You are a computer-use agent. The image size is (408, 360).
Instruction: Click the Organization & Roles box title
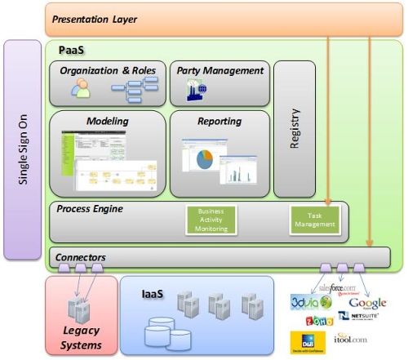[108, 70]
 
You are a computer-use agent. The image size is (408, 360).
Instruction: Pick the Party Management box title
[220, 70]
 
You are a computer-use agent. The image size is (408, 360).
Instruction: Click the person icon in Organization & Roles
[80, 91]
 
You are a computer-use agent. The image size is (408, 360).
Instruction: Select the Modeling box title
[107, 122]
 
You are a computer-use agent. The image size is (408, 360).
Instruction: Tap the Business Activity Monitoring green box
[211, 220]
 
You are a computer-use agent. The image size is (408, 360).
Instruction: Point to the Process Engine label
[90, 209]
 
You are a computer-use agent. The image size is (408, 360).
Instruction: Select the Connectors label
[80, 258]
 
